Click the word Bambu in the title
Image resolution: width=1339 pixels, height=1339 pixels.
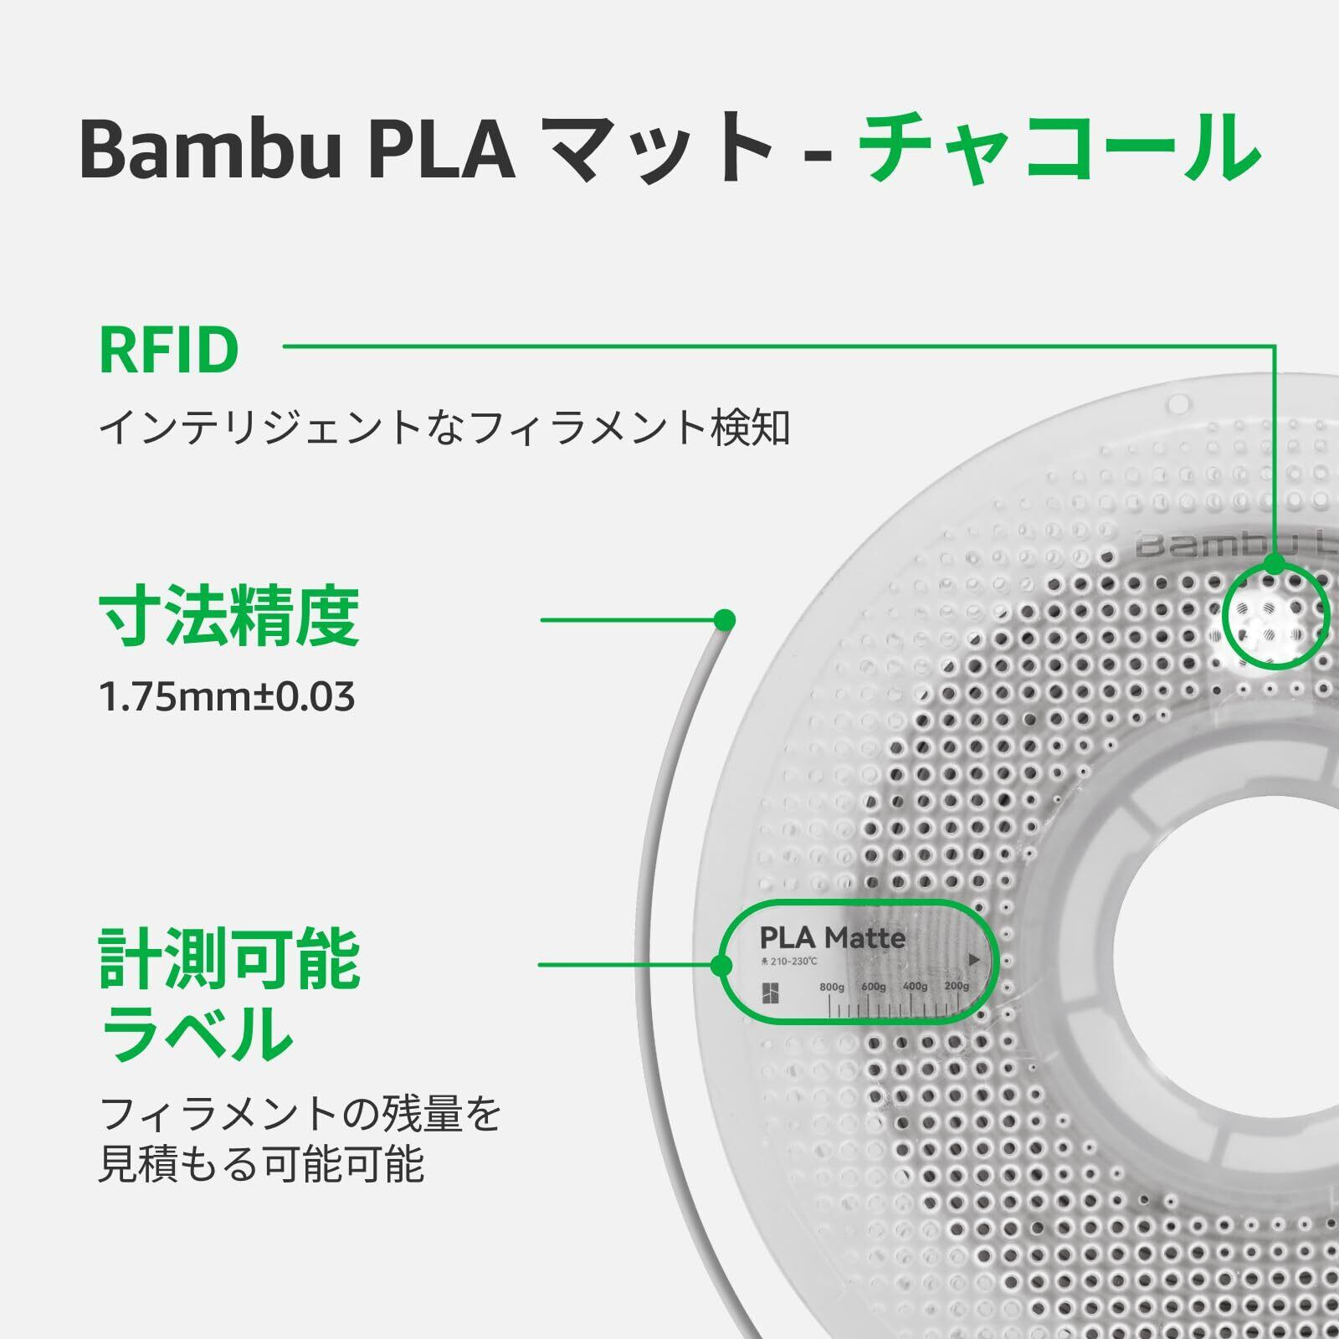[210, 148]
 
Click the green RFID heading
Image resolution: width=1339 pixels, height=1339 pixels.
[169, 351]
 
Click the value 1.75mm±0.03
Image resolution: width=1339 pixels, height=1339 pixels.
[227, 696]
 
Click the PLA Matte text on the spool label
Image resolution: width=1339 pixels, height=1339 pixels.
[832, 937]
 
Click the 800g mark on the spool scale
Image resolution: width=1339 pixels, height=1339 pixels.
[832, 987]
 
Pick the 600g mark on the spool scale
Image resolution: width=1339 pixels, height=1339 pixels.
[873, 987]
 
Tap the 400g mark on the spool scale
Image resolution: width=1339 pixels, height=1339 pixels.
[915, 987]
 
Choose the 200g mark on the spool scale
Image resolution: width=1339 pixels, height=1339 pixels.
[957, 987]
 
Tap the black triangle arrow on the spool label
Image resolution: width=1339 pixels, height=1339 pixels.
[973, 960]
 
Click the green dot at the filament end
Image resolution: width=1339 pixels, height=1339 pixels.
[725, 620]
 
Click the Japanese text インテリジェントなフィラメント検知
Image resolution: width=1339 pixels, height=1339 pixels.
[444, 428]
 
